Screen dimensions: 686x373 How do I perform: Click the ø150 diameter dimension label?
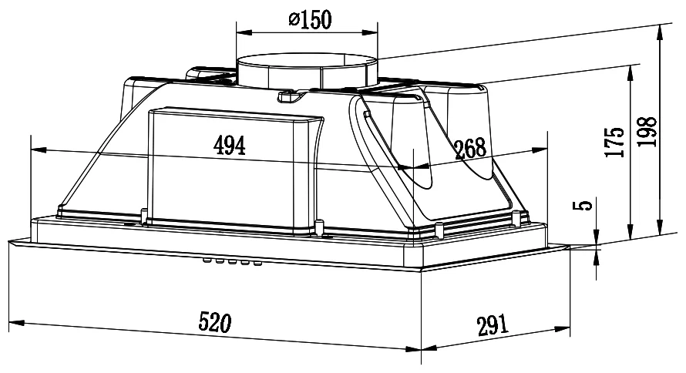(310, 19)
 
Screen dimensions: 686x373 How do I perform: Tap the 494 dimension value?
(229, 145)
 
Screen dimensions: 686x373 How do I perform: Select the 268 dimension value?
(470, 149)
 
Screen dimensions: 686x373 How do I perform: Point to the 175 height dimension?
(614, 142)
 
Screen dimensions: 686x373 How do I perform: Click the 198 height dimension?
(647, 131)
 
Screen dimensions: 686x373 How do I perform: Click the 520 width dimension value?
(214, 322)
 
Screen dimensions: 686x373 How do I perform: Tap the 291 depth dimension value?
(493, 325)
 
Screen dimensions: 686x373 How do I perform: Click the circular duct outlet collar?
(307, 72)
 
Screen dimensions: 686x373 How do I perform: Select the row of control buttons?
(232, 261)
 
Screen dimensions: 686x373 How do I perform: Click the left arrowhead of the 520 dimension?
(15, 323)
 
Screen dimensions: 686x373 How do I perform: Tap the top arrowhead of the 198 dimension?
(659, 32)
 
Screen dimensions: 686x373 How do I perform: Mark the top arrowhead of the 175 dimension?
(631, 73)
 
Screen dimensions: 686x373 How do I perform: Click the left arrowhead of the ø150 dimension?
(244, 32)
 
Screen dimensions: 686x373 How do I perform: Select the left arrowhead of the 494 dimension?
(39, 150)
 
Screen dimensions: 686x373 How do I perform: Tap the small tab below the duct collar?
(290, 96)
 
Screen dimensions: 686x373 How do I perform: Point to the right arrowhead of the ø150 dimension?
(370, 32)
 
